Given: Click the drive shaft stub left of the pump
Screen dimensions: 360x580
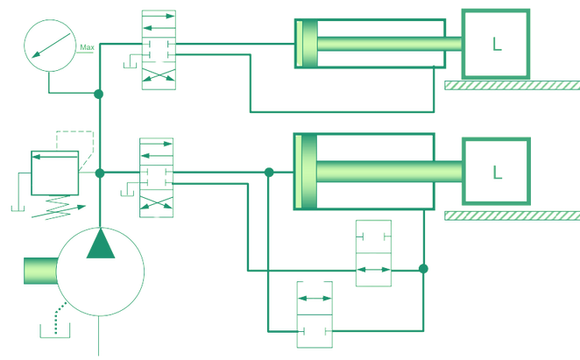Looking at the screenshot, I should tap(39, 271).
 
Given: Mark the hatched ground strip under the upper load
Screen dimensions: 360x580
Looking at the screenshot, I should tap(512, 86).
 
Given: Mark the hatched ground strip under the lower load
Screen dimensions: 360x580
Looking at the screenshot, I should tap(512, 214).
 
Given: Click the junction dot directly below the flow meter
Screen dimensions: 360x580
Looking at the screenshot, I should tap(99, 92).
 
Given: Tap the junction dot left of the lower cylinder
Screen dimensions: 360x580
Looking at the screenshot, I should tap(267, 171).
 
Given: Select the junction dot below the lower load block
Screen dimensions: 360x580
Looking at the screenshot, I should tap(422, 267).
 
